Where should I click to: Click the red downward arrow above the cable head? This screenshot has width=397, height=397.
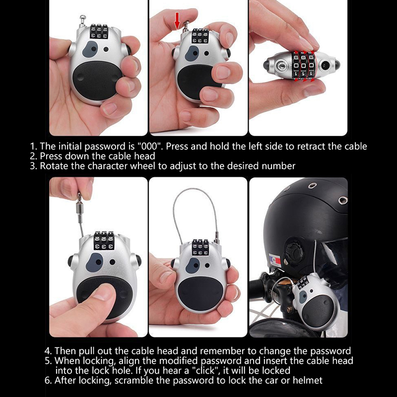(x=177, y=21)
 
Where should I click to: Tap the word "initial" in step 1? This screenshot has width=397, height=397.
(x=70, y=146)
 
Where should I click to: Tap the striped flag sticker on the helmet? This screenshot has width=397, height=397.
(x=274, y=260)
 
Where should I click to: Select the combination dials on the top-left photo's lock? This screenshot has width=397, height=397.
(x=99, y=31)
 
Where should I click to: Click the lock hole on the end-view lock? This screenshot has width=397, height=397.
(x=281, y=66)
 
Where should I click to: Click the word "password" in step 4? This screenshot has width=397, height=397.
(x=331, y=351)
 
